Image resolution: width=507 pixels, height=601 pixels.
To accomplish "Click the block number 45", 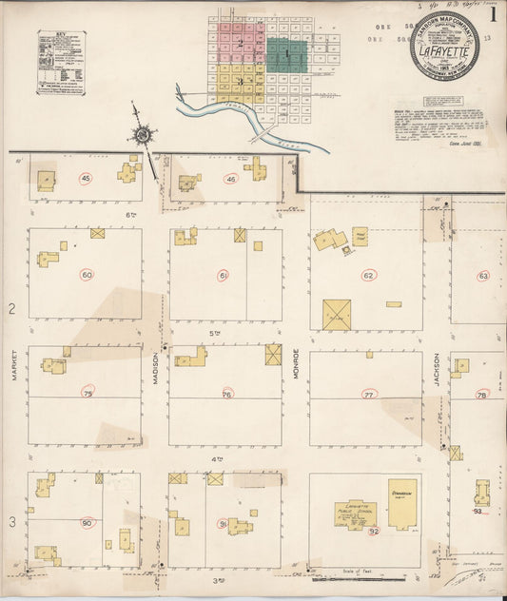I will tap(86, 179).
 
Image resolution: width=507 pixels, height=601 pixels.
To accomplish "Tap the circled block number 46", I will tap(230, 179).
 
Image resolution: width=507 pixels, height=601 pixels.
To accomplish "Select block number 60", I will tap(87, 275).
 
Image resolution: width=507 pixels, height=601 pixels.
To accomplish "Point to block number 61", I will tap(224, 276).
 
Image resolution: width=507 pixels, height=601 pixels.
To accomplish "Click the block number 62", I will tap(367, 276).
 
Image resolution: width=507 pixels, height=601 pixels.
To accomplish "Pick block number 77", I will tap(368, 393).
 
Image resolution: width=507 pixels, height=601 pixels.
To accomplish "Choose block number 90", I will tap(87, 523).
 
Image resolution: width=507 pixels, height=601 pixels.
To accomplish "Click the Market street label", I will tap(15, 366).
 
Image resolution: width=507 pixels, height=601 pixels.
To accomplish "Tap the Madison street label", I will tap(156, 367).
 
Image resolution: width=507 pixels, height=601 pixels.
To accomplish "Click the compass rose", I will tap(143, 135).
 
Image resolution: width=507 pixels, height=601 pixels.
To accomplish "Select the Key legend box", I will tap(62, 62).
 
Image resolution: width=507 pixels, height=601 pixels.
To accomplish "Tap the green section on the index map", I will tap(286, 55).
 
